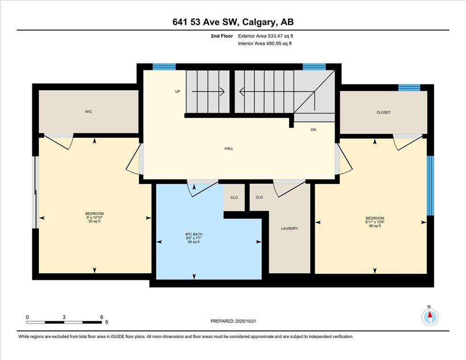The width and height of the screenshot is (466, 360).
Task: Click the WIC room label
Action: [89, 112]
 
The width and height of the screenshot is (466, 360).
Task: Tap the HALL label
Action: [229, 149]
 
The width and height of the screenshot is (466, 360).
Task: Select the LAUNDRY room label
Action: [289, 229]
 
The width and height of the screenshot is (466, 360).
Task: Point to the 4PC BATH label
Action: [194, 234]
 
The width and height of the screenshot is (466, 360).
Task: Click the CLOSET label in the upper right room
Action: [383, 112]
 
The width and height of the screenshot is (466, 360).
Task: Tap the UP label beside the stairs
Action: [177, 91]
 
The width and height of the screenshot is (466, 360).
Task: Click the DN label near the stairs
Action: [313, 130]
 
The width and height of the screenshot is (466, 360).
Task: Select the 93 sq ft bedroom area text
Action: [95, 221]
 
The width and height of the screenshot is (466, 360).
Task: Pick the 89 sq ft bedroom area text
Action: [375, 226]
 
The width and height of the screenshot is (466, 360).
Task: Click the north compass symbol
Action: [430, 317]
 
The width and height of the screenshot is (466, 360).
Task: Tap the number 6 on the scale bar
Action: [102, 317]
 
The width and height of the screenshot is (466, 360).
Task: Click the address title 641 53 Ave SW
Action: [206, 22]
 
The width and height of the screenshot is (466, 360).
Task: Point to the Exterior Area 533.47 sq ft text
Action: [266, 36]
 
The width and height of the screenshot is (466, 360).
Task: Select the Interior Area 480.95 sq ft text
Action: [265, 44]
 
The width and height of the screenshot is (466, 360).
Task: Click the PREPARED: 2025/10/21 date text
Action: [233, 322]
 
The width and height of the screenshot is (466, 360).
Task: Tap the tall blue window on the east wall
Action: [430, 186]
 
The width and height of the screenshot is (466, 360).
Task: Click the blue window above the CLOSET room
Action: [409, 88]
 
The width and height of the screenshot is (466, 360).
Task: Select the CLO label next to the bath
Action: [234, 198]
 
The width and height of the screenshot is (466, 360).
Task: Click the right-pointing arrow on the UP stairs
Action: [208, 91]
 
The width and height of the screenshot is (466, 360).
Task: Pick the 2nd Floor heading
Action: [222, 36]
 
